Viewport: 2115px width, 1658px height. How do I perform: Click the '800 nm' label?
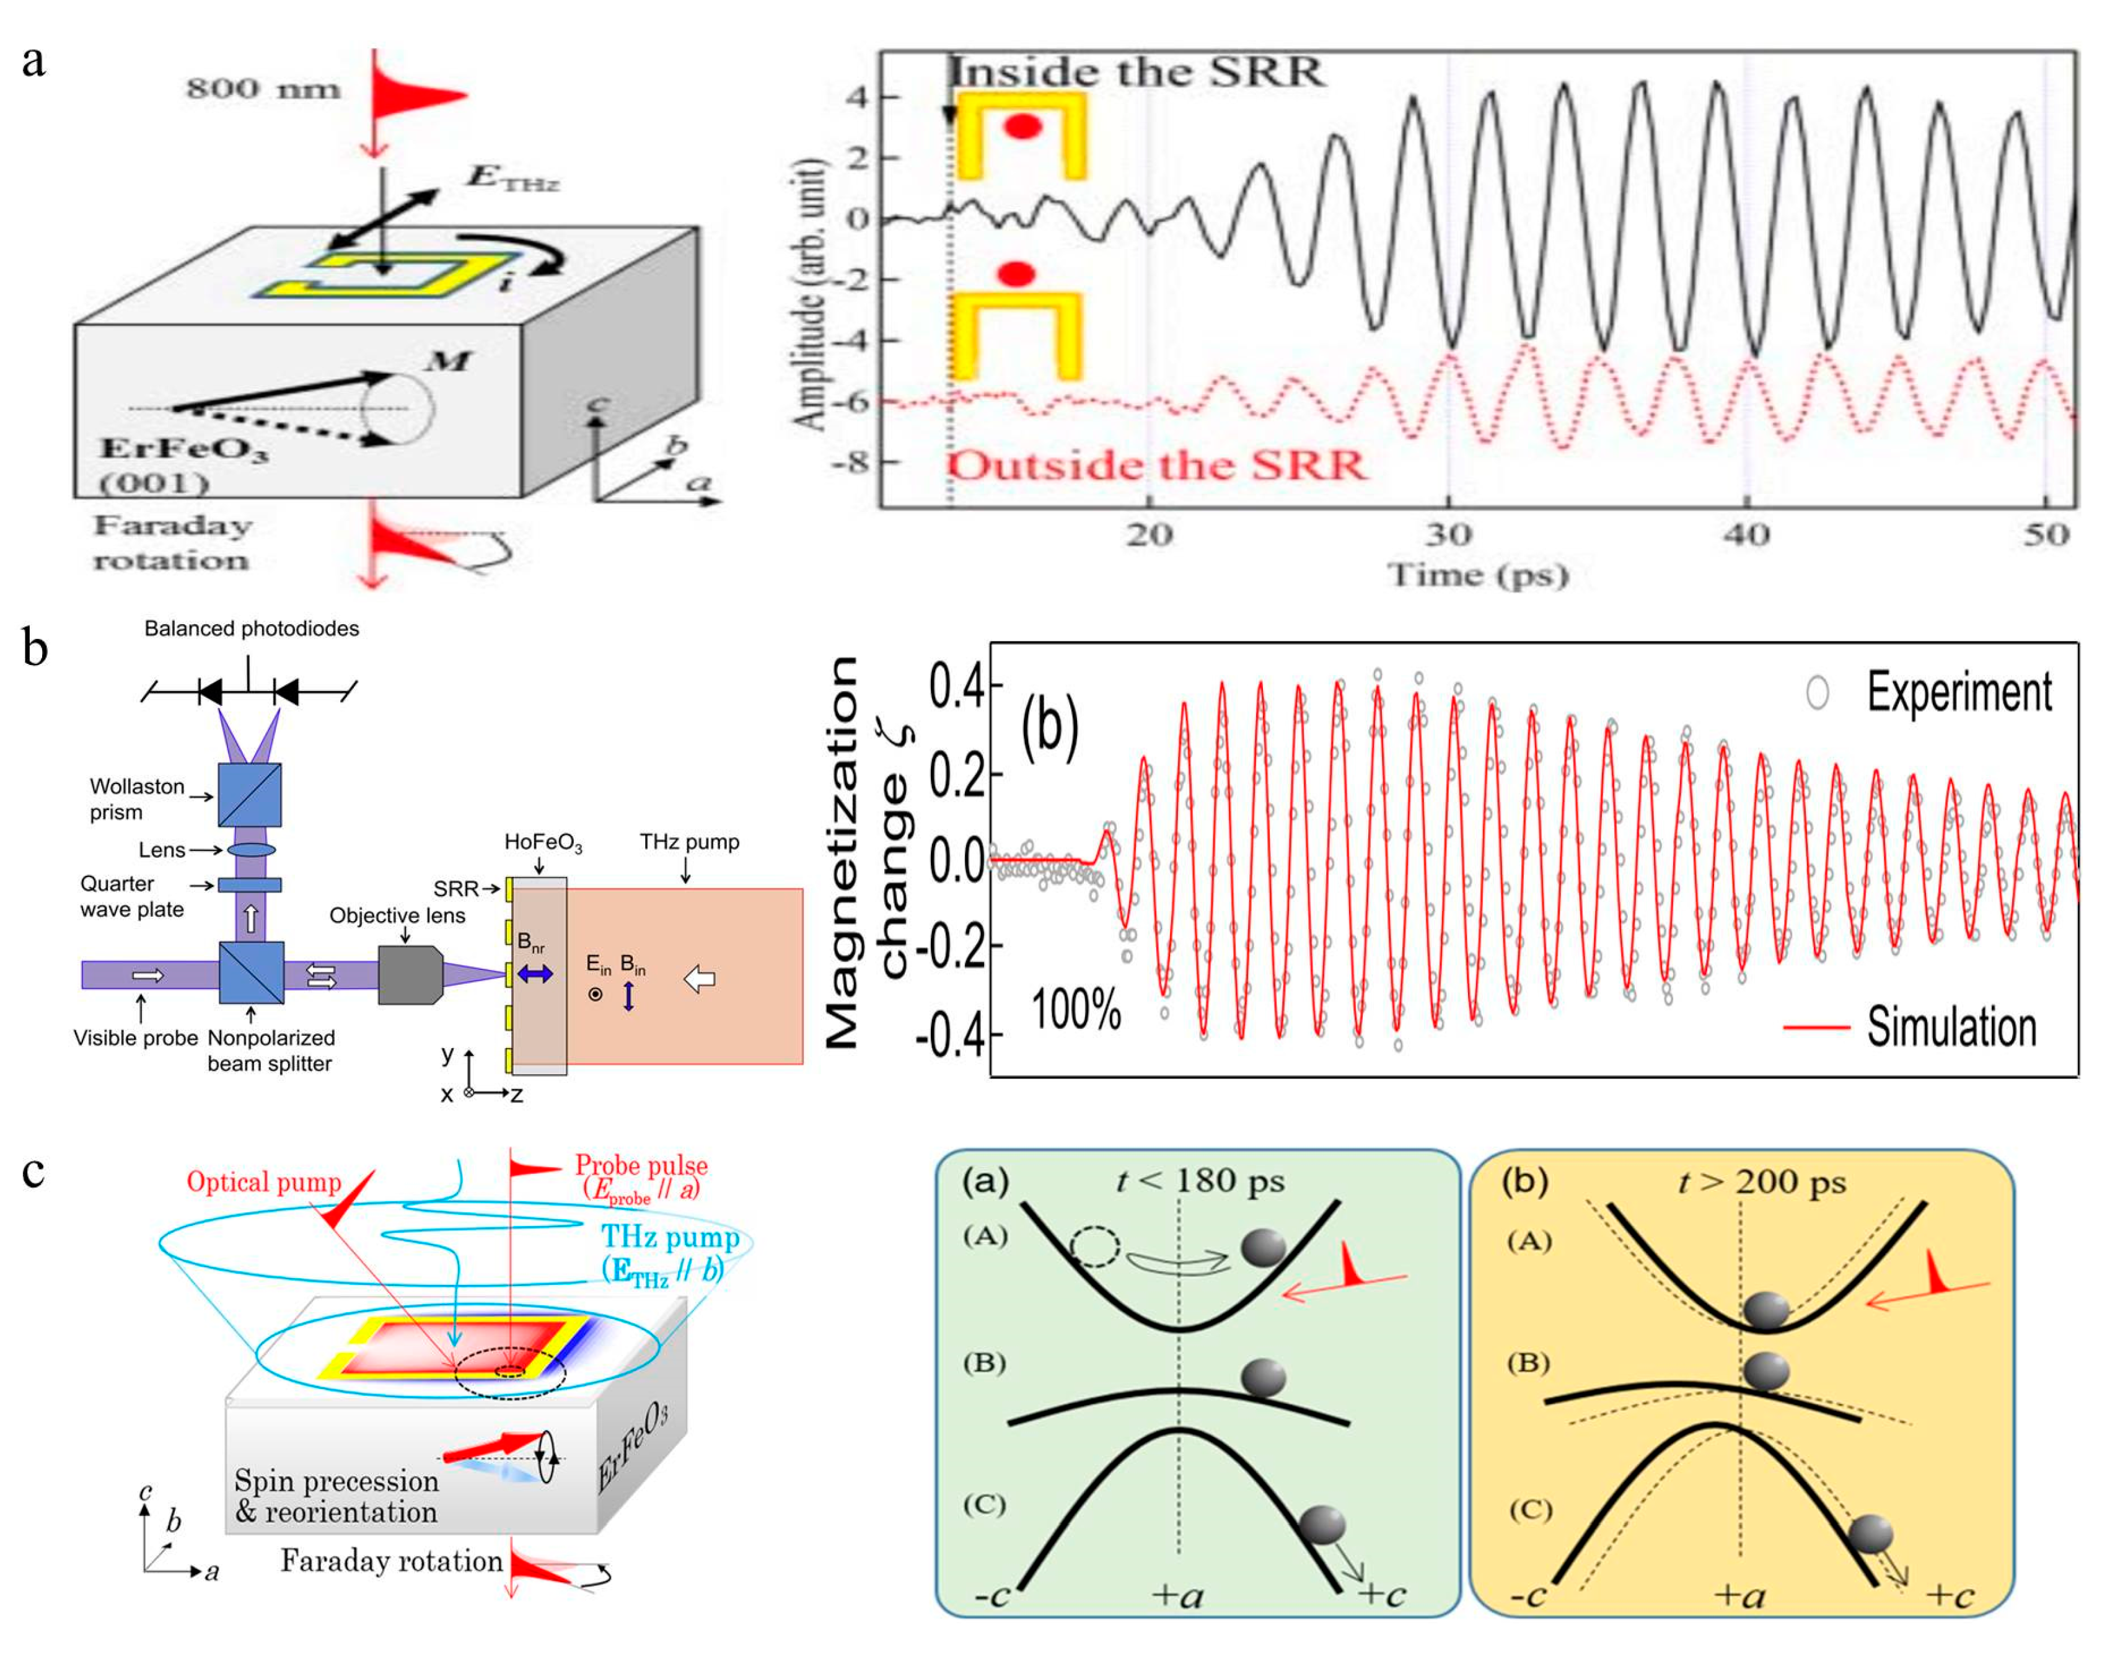[263, 89]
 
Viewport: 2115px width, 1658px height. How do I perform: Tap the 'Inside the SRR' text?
[1136, 72]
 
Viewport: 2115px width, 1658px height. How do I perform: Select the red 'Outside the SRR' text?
[1156, 467]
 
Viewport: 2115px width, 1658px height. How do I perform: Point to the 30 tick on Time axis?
[1448, 534]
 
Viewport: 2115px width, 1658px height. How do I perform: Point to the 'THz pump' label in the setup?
[689, 842]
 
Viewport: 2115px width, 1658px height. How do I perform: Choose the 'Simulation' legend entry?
[1951, 1027]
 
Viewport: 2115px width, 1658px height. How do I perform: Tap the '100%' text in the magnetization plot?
[1075, 1010]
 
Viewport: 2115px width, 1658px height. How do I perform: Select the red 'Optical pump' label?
[264, 1183]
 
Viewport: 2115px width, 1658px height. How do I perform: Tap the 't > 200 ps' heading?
[1762, 1183]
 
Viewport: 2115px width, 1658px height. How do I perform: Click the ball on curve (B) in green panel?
[1263, 1377]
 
